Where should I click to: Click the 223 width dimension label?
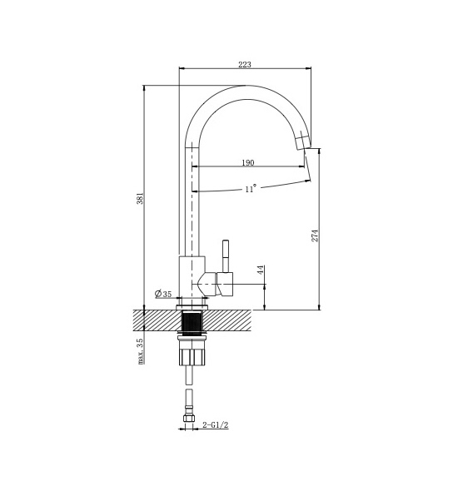245,65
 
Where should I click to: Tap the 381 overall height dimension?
141,198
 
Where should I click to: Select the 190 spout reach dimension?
248,163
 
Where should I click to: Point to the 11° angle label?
251,189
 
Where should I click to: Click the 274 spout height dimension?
315,236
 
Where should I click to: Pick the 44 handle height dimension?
261,270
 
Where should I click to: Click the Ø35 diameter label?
163,294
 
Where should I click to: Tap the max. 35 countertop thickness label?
142,351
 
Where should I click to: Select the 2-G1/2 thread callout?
216,425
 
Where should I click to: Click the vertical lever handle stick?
226,256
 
